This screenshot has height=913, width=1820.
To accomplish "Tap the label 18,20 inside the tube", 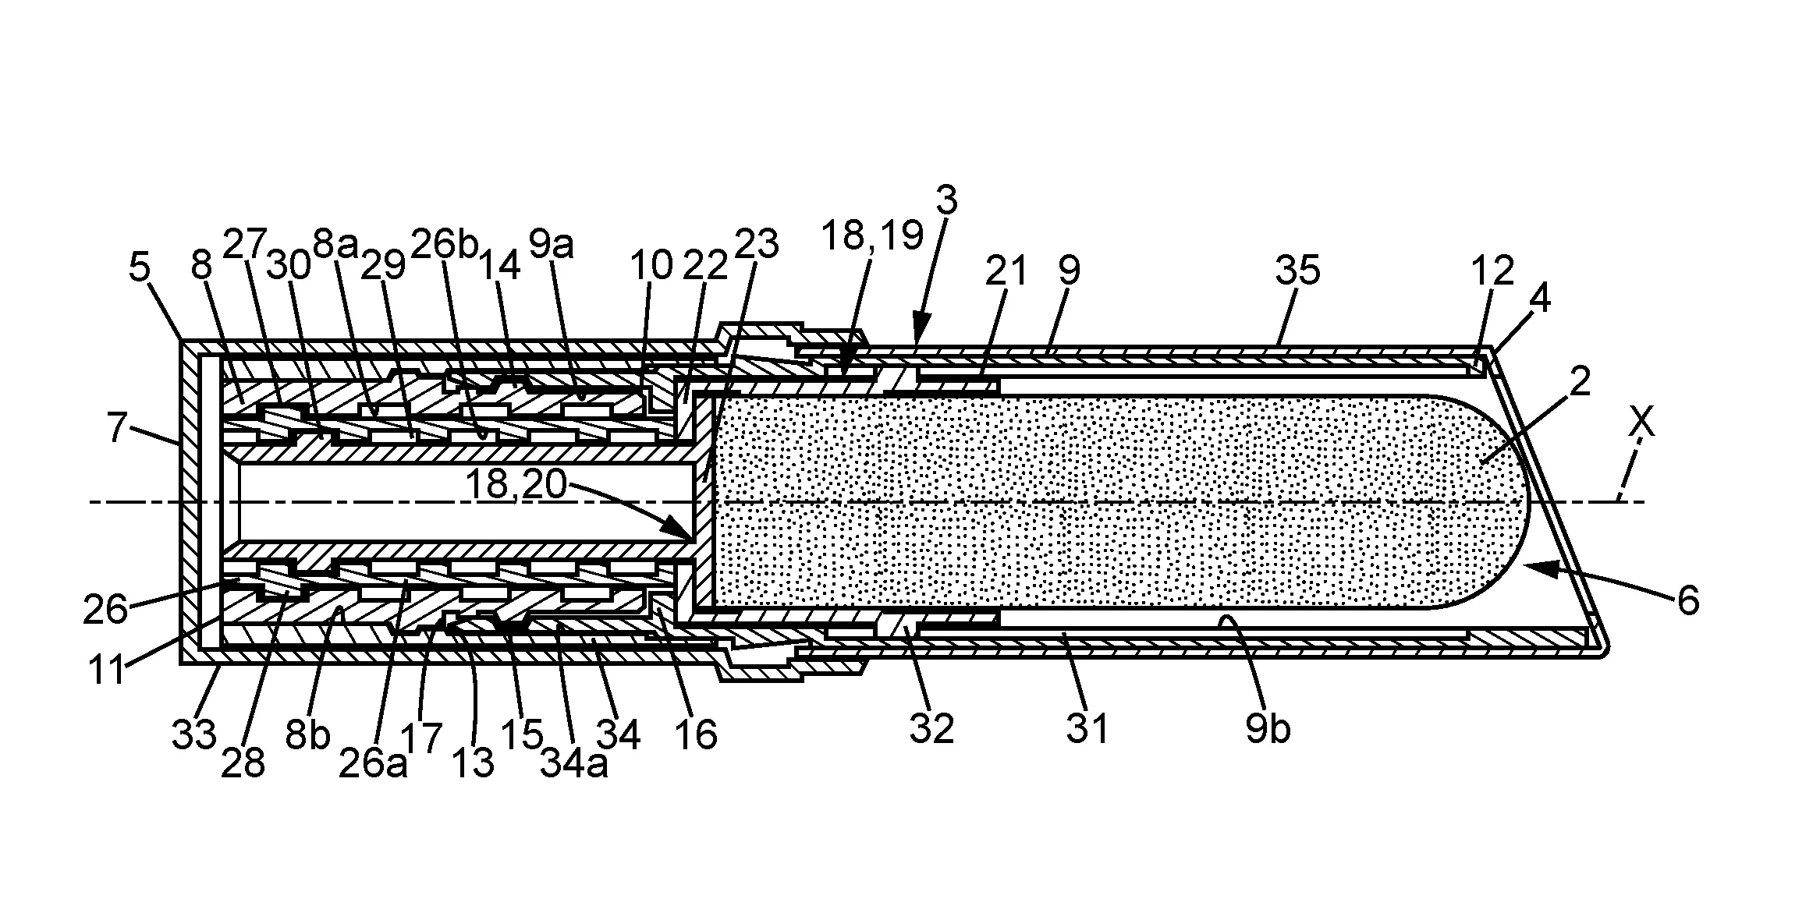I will [x=516, y=484].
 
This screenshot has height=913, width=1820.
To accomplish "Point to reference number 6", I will [x=1687, y=602].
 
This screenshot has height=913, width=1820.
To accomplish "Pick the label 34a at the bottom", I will [x=573, y=765].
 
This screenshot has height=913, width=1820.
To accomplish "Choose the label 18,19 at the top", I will [x=872, y=235].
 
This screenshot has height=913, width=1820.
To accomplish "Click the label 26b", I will [x=444, y=245].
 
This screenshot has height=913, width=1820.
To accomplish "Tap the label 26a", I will [x=373, y=765].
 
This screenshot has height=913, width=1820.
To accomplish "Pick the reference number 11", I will [x=107, y=671].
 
